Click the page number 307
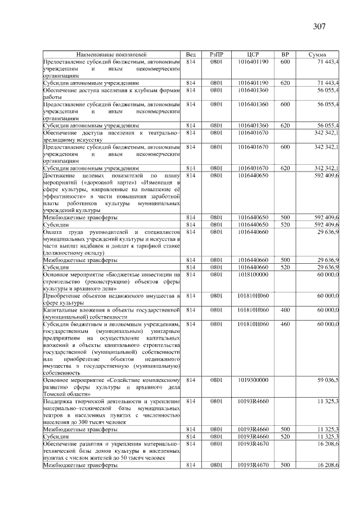click(319, 26)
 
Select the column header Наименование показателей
click(112, 54)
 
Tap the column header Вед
click(190, 54)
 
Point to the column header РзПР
click(216, 54)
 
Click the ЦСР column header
click(253, 54)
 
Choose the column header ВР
click(285, 54)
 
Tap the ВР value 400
click(285, 310)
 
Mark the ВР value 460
click(285, 325)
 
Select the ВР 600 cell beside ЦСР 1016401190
click(285, 61)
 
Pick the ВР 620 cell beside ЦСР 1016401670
click(285, 168)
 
